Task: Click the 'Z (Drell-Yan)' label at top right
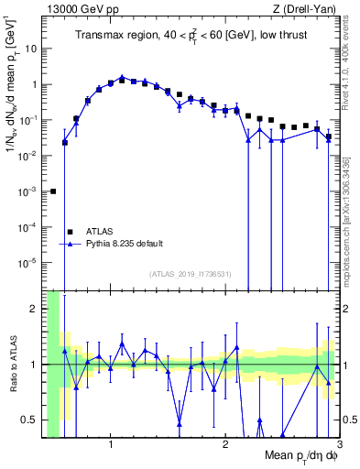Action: pyautogui.click(x=307, y=8)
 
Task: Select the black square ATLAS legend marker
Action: pyautogui.click(x=69, y=231)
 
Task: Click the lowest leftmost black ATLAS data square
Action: pyautogui.click(x=53, y=191)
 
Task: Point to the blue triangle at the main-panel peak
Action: pyautogui.click(x=122, y=78)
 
